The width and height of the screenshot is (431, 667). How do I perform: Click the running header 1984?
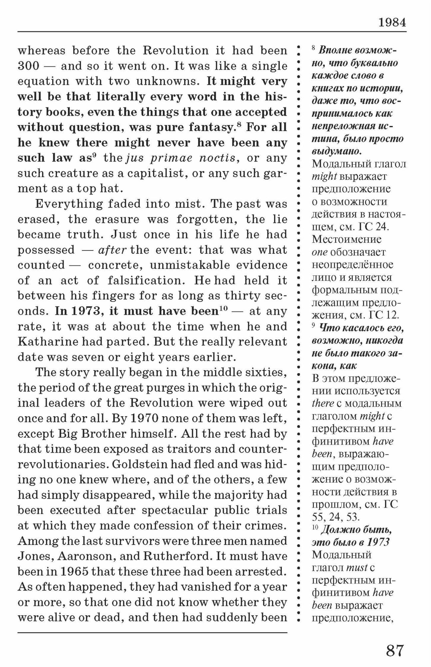point(392,23)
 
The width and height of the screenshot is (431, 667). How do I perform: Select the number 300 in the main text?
point(29,66)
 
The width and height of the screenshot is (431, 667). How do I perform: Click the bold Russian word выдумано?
point(336,151)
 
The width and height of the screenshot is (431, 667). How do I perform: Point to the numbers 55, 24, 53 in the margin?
point(336,517)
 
